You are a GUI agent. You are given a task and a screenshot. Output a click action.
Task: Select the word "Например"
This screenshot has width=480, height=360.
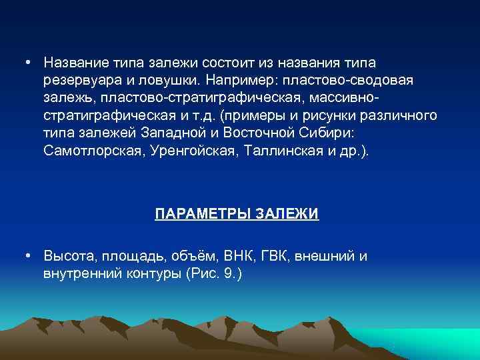(241, 80)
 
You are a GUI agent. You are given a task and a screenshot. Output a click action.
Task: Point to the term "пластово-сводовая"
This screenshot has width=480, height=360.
(347, 80)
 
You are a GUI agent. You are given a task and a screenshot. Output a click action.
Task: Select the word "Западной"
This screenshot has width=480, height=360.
(177, 133)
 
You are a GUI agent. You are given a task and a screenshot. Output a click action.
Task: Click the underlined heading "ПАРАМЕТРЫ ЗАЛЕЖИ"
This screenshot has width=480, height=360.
(237, 214)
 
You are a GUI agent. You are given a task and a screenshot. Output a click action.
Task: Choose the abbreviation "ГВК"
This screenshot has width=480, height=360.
(273, 256)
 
